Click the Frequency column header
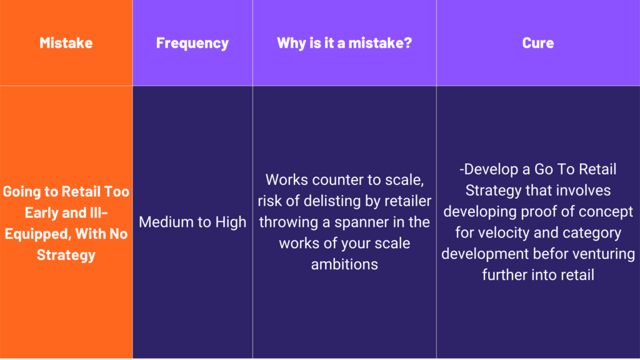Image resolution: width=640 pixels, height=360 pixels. point(192,43)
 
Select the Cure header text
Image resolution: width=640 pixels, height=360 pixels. point(538,43)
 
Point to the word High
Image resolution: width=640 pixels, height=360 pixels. point(231,222)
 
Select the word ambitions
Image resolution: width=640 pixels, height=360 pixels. point(344,264)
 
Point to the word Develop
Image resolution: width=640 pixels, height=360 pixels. point(489,169)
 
